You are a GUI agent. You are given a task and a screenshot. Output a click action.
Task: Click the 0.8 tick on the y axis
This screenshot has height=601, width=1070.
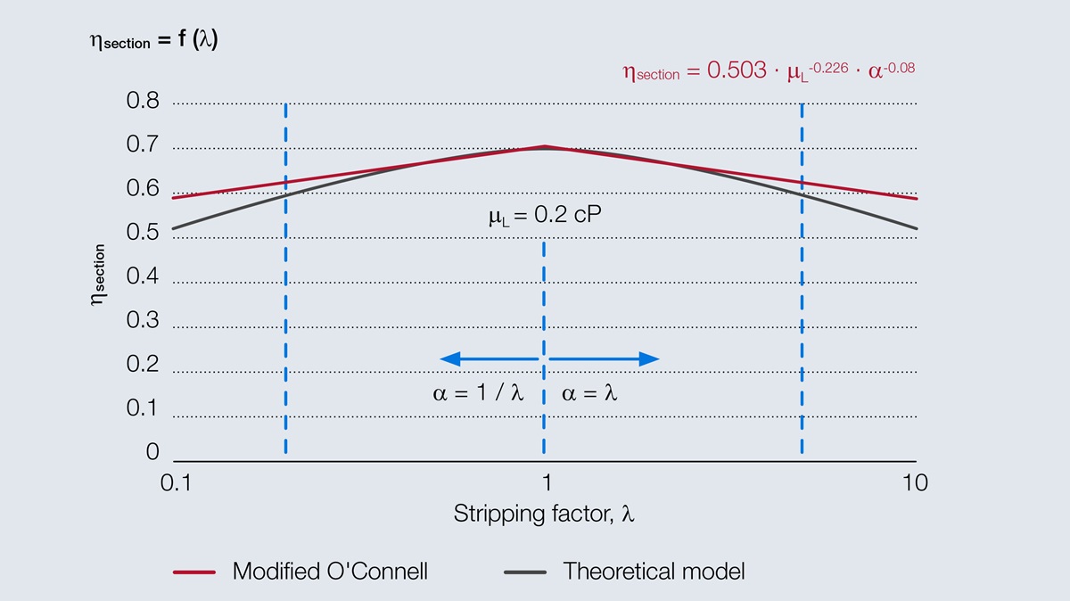(x=143, y=101)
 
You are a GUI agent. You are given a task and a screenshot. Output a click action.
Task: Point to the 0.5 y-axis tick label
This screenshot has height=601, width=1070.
(x=143, y=233)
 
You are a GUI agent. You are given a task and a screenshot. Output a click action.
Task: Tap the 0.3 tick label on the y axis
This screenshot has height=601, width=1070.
(x=143, y=320)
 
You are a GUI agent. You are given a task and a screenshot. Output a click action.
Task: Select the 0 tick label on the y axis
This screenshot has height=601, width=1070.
(x=152, y=452)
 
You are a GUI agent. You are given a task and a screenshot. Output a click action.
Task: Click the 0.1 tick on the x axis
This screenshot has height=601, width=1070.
(x=177, y=482)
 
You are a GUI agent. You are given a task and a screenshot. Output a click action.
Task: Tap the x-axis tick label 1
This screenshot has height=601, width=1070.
(x=546, y=482)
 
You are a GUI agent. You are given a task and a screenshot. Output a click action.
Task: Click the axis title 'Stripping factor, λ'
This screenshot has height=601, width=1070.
(x=544, y=515)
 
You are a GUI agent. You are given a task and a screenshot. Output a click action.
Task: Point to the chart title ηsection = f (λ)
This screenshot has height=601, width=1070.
(x=153, y=40)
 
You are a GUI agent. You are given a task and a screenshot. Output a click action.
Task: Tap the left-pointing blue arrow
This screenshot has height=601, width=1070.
(x=489, y=358)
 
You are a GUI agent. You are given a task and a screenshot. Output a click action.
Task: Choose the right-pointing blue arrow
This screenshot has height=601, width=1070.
(x=605, y=358)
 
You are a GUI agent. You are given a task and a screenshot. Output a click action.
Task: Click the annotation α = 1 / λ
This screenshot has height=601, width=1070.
(x=478, y=393)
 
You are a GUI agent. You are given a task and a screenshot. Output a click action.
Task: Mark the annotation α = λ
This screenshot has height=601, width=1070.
(x=589, y=393)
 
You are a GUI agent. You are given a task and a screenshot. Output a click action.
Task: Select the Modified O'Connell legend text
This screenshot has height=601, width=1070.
(x=330, y=571)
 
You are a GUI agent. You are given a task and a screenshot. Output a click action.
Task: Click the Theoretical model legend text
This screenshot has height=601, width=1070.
(x=654, y=571)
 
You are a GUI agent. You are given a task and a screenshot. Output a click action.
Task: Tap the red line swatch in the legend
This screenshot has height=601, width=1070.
(x=193, y=572)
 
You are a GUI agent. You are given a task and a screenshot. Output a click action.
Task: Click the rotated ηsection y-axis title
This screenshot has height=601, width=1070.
(x=99, y=276)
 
